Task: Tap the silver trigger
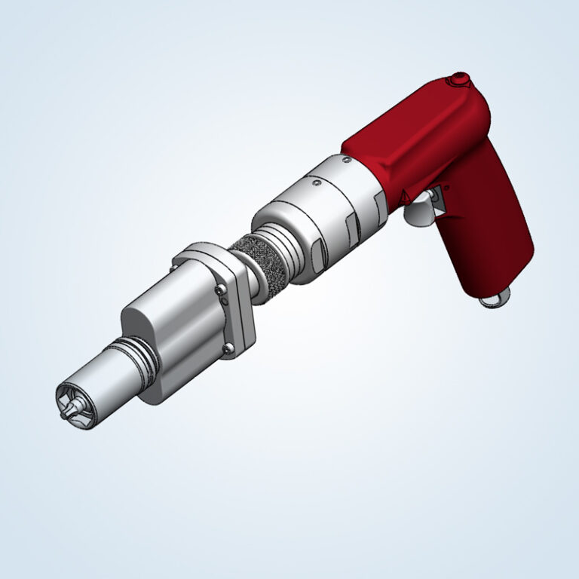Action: point(417,213)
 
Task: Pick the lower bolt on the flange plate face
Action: point(228,346)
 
